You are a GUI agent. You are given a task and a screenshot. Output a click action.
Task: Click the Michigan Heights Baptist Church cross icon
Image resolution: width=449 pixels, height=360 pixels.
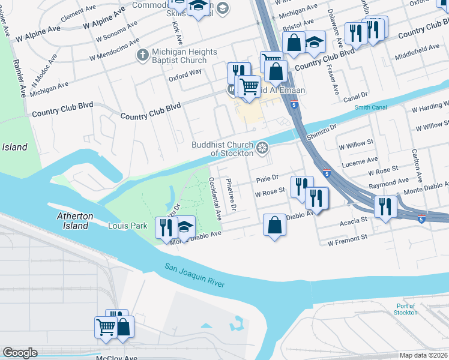(142, 55)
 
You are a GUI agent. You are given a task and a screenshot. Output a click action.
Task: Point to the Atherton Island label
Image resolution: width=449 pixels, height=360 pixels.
(74, 221)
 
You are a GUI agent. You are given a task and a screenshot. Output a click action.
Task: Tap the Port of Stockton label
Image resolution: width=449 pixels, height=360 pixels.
(406, 309)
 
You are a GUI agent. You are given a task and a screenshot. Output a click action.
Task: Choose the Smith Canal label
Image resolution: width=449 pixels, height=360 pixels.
(371, 107)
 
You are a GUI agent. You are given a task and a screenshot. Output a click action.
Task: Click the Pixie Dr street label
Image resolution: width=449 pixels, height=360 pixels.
(267, 179)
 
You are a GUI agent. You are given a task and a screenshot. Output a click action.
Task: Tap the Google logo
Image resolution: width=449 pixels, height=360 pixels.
(20, 353)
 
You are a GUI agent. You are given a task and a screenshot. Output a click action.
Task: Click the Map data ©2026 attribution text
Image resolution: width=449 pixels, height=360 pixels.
(424, 355)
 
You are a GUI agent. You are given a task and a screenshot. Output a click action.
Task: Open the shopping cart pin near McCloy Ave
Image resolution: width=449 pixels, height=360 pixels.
(105, 328)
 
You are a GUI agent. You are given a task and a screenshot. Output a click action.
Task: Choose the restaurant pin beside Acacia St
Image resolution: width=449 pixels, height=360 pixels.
(385, 207)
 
